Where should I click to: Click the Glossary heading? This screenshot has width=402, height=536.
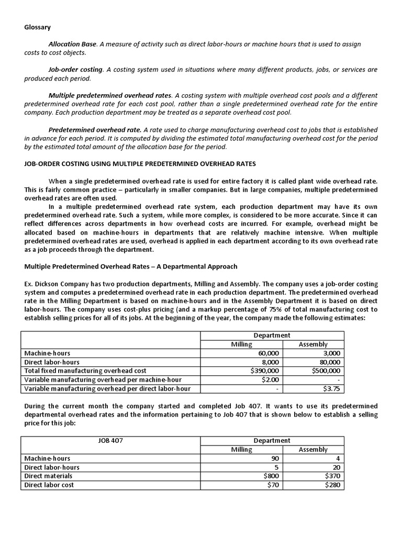38,27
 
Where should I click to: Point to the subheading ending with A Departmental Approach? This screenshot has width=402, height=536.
131,266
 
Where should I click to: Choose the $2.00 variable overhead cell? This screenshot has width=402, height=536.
270,379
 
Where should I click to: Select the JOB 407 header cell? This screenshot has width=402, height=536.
110,441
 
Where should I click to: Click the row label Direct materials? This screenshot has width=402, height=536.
49,476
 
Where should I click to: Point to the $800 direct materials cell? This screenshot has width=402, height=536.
271,476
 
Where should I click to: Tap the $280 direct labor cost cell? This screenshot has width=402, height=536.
332,485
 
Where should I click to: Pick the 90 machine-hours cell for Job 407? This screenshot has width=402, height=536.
275,459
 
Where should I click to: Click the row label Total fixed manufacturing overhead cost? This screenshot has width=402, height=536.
86,371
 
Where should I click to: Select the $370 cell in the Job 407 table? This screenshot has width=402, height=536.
332,476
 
